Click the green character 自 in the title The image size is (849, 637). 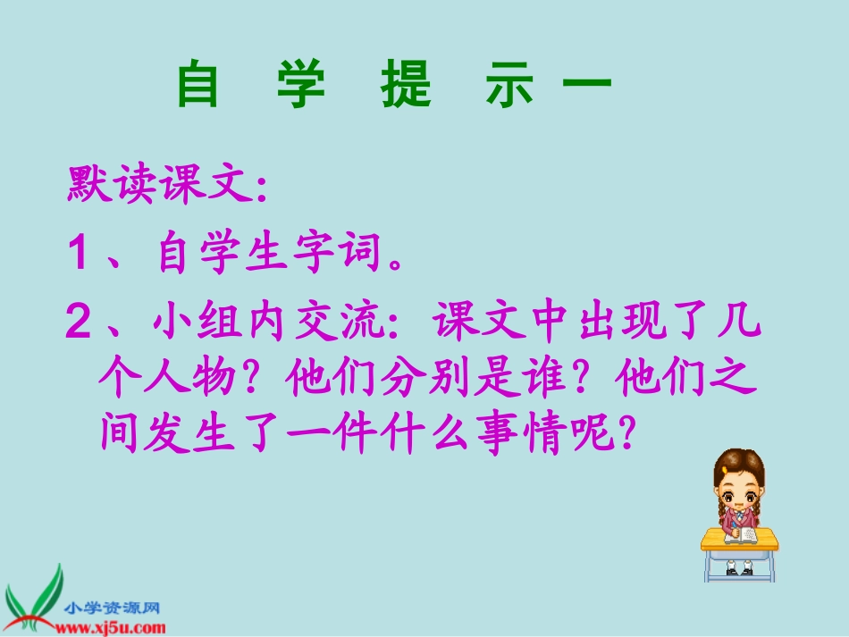198,85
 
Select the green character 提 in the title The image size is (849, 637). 407,85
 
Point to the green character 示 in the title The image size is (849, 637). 512,85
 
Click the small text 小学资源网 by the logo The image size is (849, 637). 111,608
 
